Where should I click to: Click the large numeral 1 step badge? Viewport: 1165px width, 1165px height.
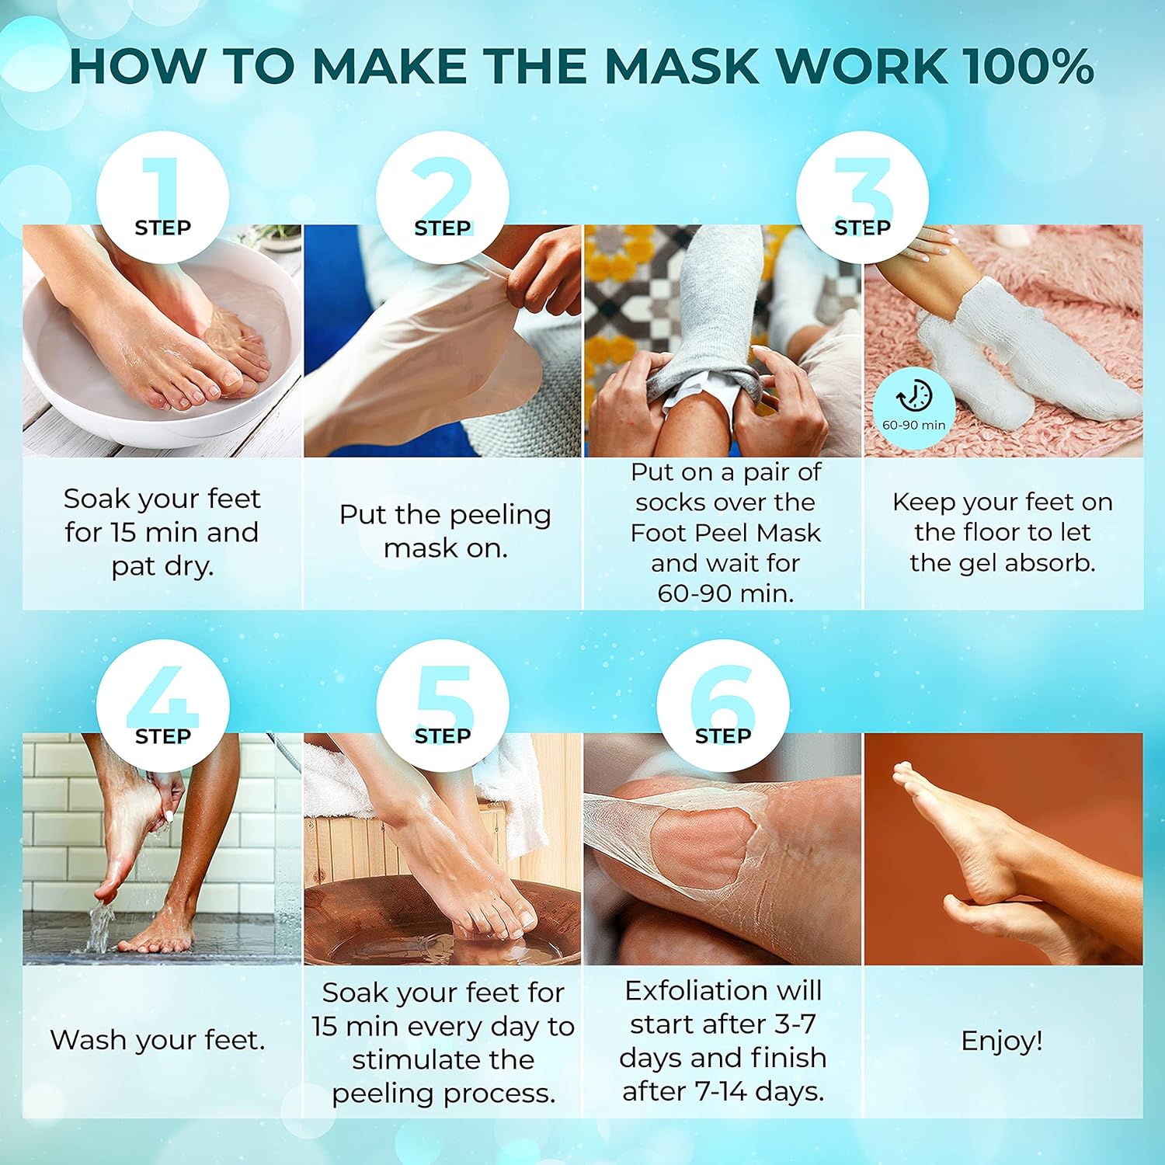tap(163, 196)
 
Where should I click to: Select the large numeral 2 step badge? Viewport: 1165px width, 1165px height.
tap(443, 196)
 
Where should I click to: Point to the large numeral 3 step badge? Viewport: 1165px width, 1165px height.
tap(862, 196)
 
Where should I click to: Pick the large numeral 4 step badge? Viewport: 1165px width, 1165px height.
tap(163, 704)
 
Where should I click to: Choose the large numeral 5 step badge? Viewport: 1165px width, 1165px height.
tap(443, 704)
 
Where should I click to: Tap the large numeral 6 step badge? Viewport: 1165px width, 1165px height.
tap(723, 704)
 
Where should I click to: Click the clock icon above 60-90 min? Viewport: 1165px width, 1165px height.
tap(914, 396)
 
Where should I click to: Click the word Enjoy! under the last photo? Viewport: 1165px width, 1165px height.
tap(1002, 1040)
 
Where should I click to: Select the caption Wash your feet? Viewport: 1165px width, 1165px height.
tap(158, 1040)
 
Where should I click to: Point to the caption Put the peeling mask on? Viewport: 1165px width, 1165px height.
tap(445, 531)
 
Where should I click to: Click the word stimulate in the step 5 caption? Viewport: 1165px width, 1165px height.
tap(443, 1059)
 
